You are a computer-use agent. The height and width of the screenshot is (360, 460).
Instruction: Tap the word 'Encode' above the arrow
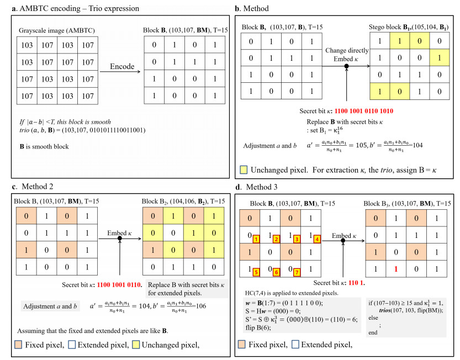pyautogui.click(x=122, y=66)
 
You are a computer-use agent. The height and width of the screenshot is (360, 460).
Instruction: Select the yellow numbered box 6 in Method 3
pyautogui.click(x=276, y=272)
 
